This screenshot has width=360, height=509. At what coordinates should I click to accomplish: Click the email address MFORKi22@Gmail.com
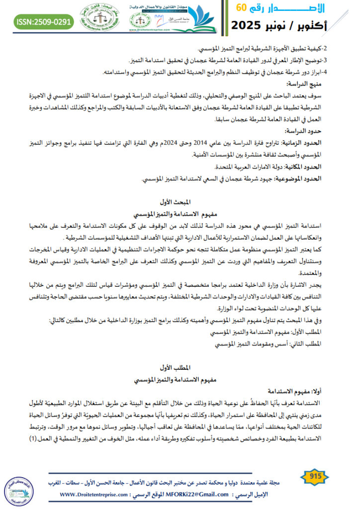tap(203, 495)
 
